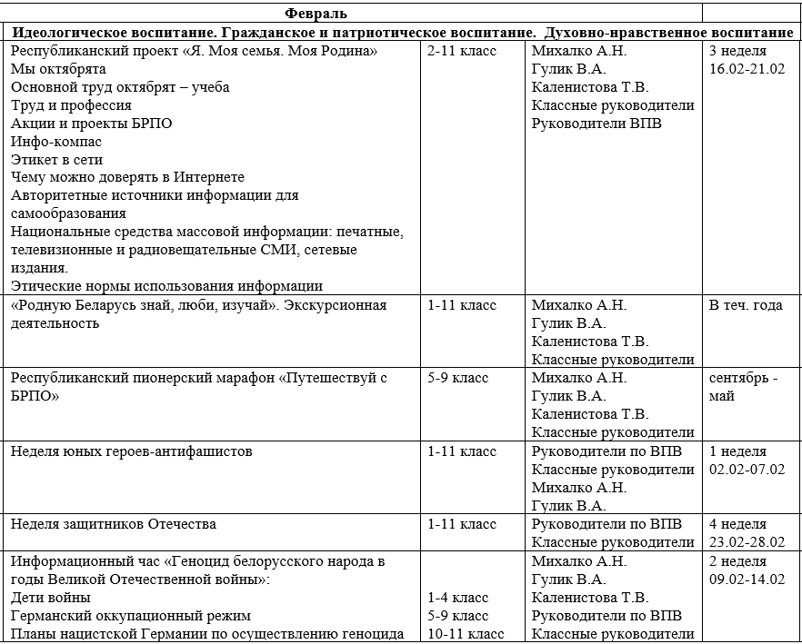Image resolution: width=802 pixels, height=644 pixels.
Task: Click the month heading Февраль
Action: (316, 14)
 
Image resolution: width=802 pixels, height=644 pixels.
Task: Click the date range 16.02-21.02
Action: (747, 69)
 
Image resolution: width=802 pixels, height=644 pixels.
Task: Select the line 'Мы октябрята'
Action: (58, 69)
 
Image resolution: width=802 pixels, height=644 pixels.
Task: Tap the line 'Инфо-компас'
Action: (56, 142)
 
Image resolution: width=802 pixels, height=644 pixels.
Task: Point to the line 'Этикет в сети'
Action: (56, 160)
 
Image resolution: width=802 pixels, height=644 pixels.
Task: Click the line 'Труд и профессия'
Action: (71, 105)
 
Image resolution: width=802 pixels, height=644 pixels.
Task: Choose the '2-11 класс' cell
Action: (462, 51)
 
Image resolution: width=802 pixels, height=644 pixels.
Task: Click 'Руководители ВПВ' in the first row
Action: (596, 124)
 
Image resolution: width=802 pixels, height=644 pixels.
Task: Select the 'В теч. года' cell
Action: (746, 305)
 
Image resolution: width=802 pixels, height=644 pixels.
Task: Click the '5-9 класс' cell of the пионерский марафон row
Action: (458, 378)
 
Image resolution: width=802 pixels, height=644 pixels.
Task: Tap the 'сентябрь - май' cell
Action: (743, 387)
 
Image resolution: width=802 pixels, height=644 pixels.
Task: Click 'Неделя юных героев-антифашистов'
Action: (131, 451)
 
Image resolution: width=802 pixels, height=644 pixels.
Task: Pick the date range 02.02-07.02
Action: (747, 470)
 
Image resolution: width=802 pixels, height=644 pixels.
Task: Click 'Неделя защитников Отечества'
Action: (114, 524)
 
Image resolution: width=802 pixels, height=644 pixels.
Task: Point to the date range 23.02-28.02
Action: (747, 542)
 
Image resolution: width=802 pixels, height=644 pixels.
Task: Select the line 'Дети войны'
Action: (51, 598)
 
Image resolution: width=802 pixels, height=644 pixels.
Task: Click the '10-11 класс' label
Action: (466, 634)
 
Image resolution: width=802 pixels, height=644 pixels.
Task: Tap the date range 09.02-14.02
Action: (747, 580)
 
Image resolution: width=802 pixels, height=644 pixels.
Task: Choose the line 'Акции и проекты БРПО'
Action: (91, 124)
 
